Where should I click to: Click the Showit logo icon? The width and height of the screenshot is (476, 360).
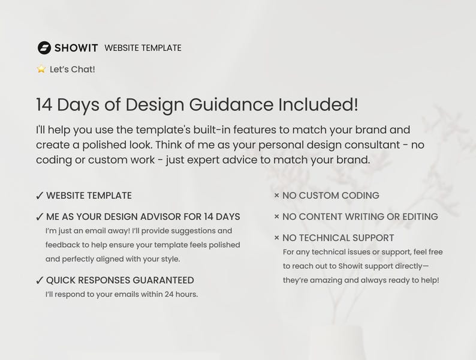(44, 48)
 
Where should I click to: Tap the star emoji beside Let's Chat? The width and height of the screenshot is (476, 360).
(41, 69)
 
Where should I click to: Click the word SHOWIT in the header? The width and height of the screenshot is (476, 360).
(77, 48)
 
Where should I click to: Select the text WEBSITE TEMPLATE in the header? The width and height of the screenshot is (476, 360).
(143, 48)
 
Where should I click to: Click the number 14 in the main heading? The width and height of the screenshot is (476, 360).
(45, 104)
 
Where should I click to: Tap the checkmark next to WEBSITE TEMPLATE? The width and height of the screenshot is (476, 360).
(40, 196)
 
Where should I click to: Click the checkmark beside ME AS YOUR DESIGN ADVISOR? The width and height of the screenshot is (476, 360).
(40, 217)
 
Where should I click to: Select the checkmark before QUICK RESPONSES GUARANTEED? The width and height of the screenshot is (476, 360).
(40, 280)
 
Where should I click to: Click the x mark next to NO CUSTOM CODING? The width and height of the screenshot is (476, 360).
(276, 196)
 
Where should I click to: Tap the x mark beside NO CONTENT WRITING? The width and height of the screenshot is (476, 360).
(276, 217)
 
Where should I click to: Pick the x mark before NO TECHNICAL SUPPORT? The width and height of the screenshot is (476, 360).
(276, 238)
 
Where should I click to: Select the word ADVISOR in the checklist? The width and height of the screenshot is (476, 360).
(177, 217)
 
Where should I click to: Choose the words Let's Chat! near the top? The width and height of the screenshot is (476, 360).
(73, 69)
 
